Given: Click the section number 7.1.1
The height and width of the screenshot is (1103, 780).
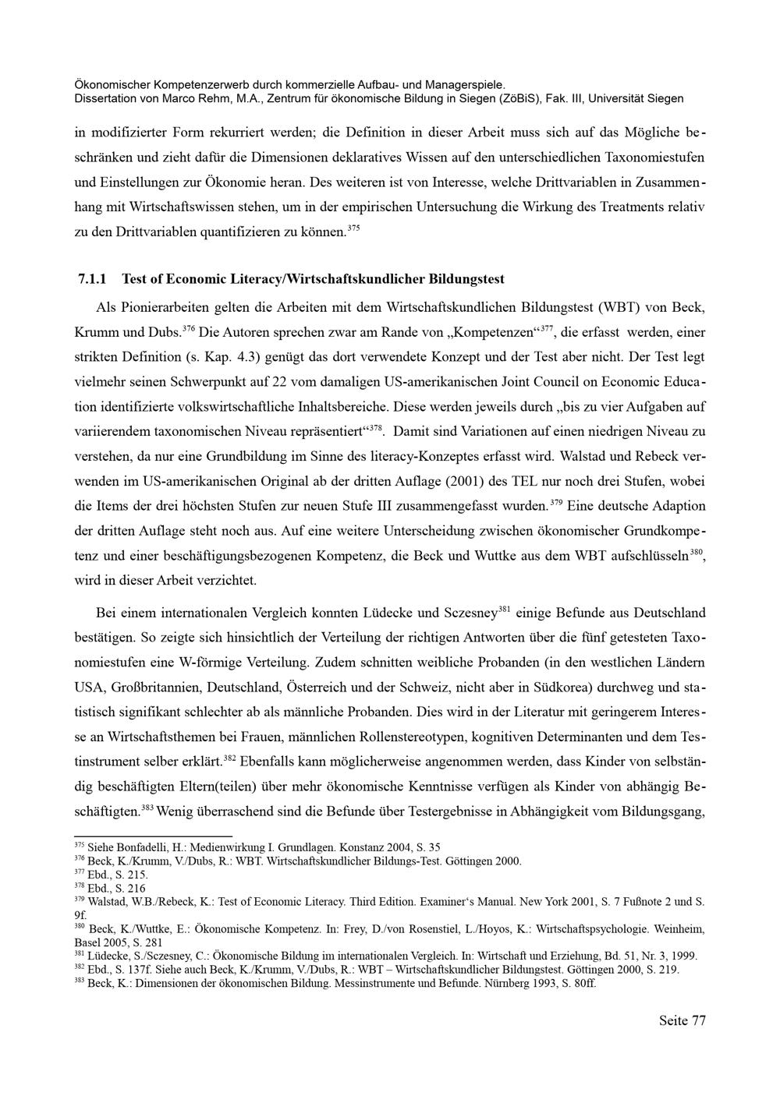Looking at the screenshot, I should point(93,278).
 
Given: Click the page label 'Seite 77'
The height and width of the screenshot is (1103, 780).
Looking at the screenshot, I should point(682,1020).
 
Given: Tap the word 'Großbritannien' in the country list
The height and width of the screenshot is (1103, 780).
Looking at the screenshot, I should point(165,688).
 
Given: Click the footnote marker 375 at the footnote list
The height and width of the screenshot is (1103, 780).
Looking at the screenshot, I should point(79,845).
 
